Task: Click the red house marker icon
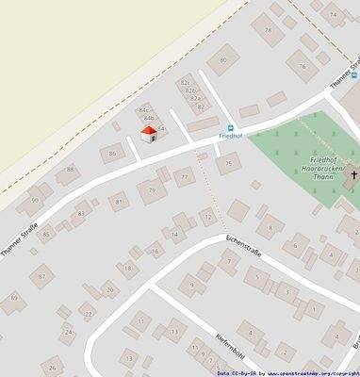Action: click(x=148, y=135)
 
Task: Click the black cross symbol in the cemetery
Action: click(x=355, y=174)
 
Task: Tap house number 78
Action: click(x=268, y=29)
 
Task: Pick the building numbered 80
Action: click(x=223, y=60)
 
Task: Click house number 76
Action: click(x=302, y=66)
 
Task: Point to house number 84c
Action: click(x=144, y=110)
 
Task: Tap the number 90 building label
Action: click(x=35, y=200)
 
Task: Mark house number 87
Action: click(x=40, y=277)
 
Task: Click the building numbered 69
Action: click(x=14, y=298)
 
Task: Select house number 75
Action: click(x=227, y=164)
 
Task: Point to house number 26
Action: click(x=53, y=367)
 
